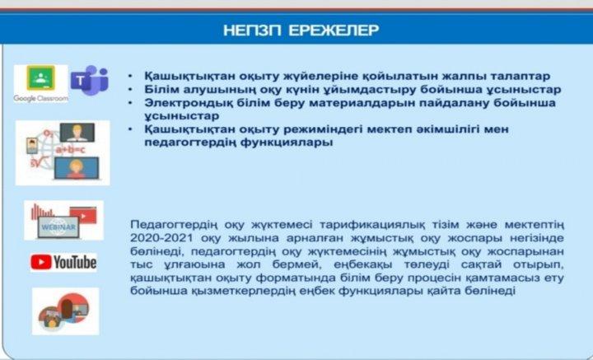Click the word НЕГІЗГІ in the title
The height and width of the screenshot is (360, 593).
pos(252,30)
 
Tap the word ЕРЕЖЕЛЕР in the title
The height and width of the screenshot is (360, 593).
pos(334,30)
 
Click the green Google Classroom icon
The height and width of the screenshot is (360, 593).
pos(40,78)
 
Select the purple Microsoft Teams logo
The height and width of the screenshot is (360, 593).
pos(90,80)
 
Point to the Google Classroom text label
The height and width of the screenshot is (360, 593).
pos(41,98)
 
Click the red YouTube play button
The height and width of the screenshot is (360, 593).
pos(41,262)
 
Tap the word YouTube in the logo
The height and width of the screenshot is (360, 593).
pos(75,263)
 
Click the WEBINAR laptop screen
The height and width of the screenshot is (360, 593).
pos(58,227)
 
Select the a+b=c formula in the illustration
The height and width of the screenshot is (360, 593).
pos(70,150)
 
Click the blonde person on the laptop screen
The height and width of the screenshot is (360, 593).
pos(76,168)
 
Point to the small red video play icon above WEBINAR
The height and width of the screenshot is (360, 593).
pos(83,216)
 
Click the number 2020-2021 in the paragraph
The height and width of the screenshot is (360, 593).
pos(161,238)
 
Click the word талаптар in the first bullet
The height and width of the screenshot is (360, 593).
pos(521,77)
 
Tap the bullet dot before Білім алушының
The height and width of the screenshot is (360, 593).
pos(130,90)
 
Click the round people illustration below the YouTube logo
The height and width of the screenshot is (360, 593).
pos(65,311)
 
